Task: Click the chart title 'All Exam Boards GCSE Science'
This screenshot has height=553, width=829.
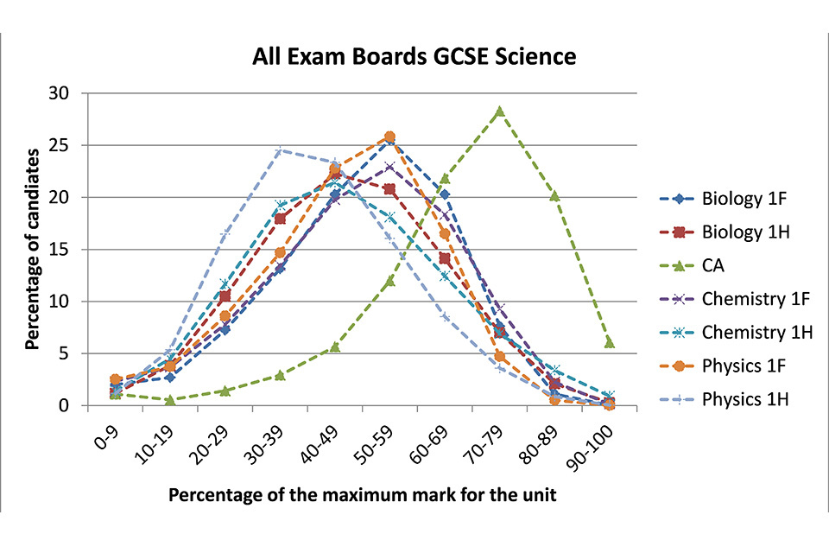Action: coord(414,58)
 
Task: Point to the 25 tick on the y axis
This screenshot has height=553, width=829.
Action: coord(67,145)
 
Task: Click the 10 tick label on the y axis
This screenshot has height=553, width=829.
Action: coord(67,302)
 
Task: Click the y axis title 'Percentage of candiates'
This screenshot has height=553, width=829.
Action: coord(32,249)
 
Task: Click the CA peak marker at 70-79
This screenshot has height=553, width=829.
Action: coord(499,111)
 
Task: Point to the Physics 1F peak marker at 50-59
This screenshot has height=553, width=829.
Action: coord(389,137)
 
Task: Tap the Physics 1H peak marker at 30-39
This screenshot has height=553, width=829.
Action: coord(280,150)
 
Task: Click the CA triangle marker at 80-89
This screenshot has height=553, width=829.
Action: coord(554,196)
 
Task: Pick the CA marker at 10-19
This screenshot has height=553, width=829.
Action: coord(170,400)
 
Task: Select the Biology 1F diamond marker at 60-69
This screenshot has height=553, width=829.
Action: coord(445,194)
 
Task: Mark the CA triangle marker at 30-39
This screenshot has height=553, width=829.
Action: coord(280,375)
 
